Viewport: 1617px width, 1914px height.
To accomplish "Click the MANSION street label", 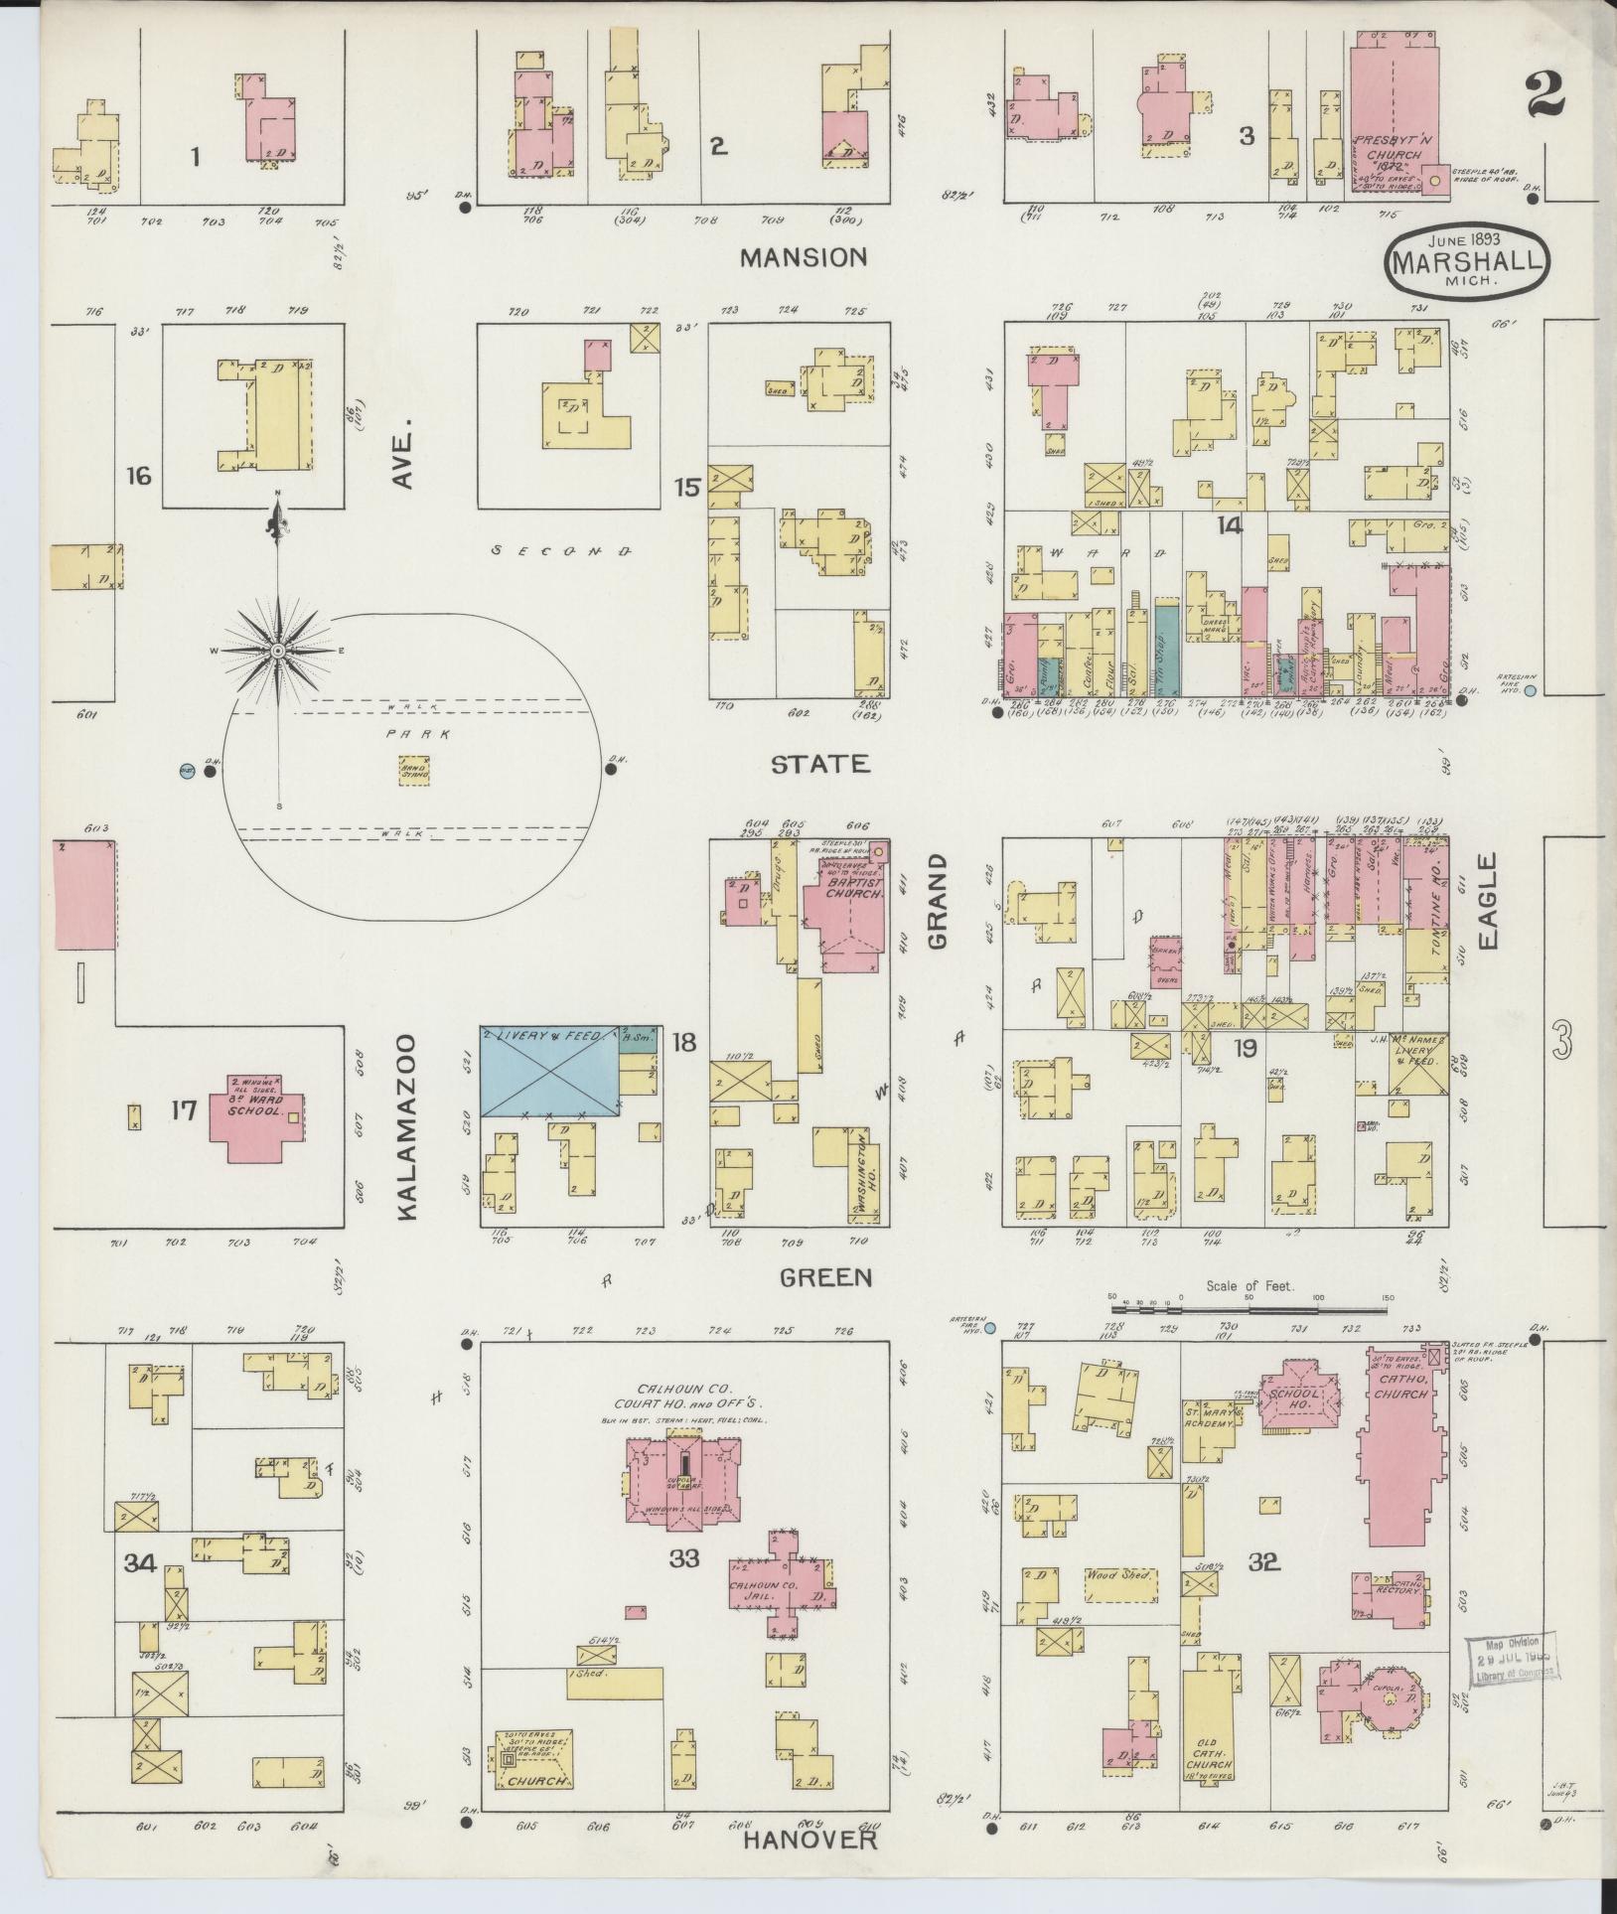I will [804, 257].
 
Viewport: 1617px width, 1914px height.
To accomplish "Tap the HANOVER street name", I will [810, 1840].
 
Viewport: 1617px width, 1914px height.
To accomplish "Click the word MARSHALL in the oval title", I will [1467, 264].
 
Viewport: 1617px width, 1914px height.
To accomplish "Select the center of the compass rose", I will [279, 651].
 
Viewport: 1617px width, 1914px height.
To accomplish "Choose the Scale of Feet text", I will [1249, 1285].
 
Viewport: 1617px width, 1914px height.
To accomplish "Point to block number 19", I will [1245, 1048].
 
